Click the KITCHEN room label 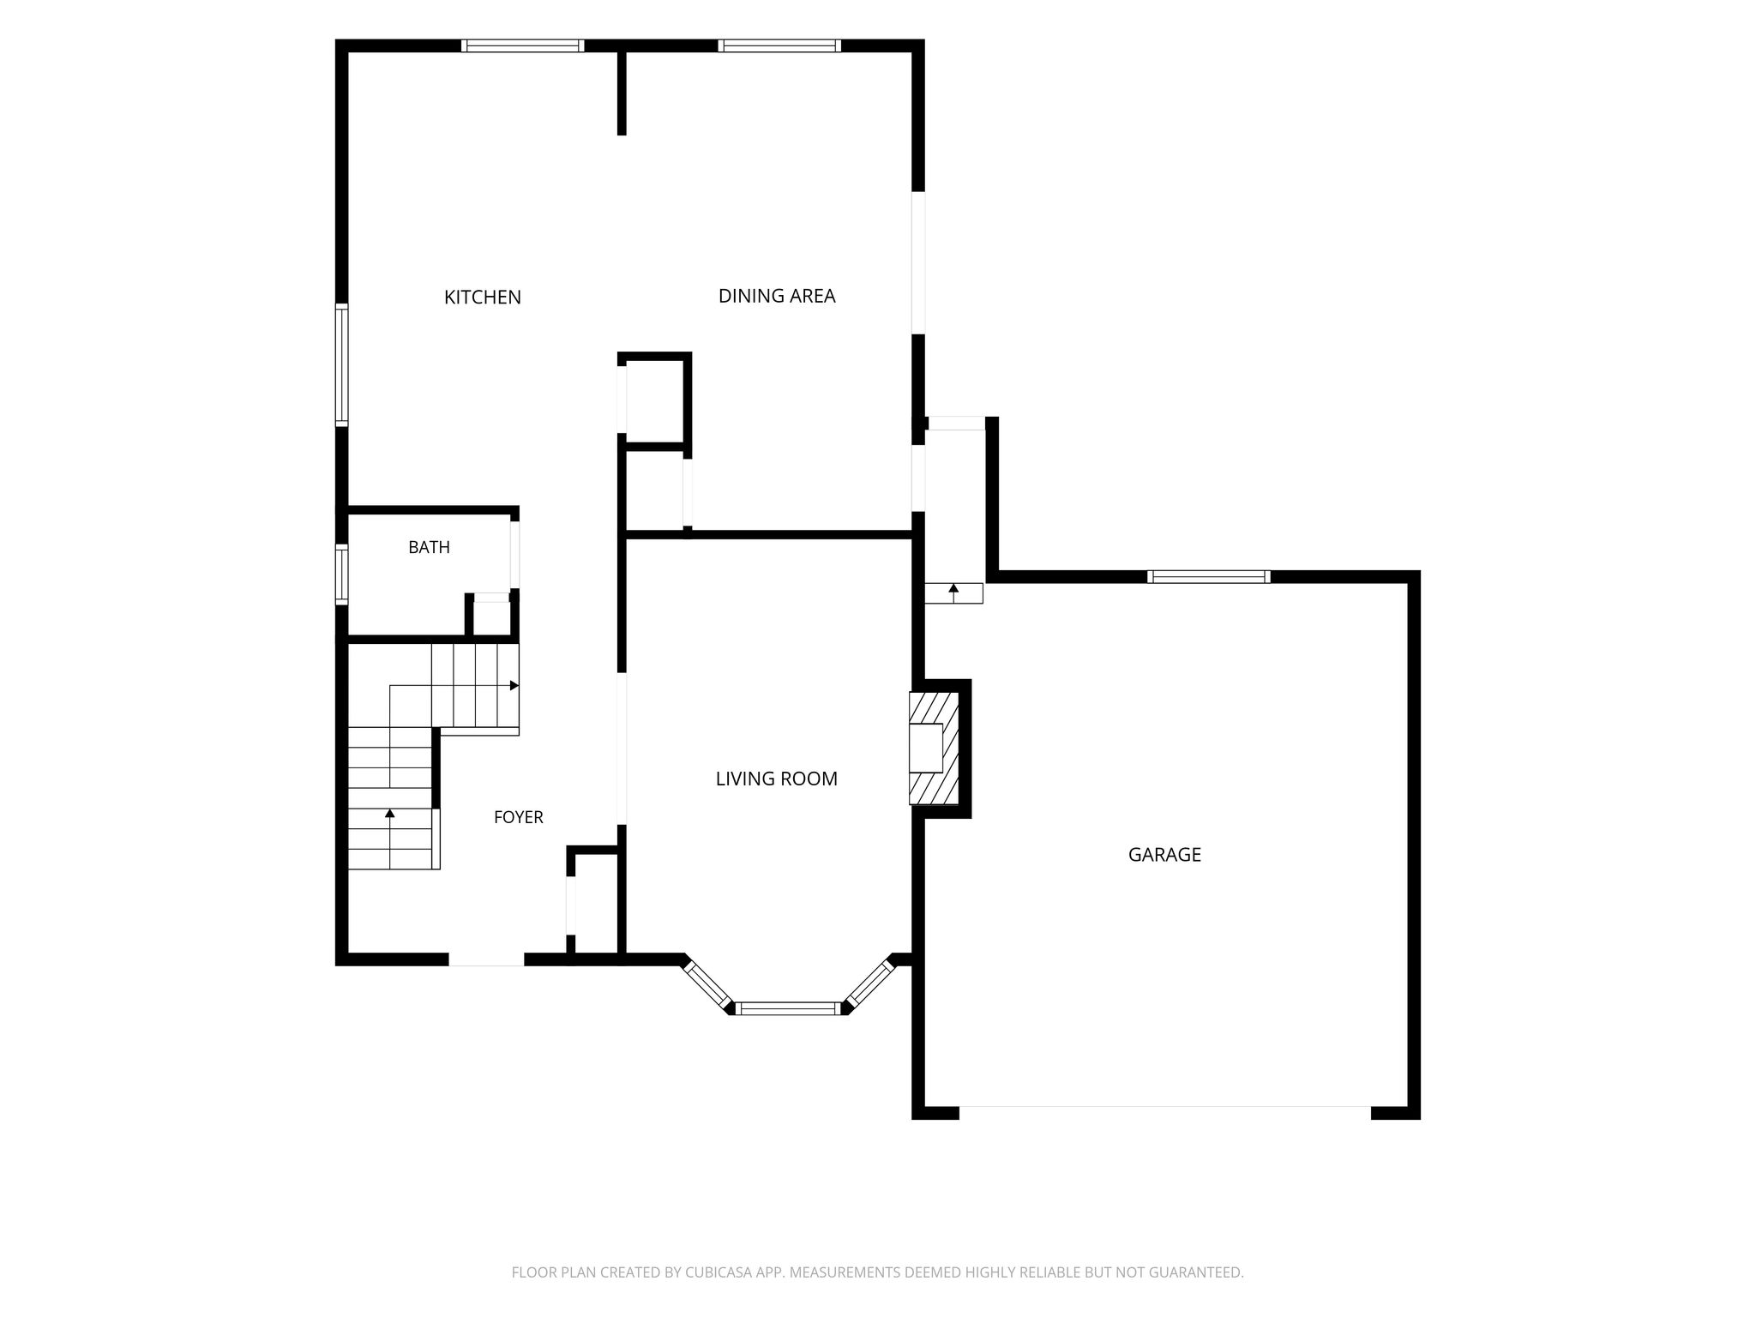pyautogui.click(x=482, y=298)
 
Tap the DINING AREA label pyautogui.click(x=777, y=296)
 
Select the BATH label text pyautogui.click(x=429, y=547)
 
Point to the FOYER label pyautogui.click(x=518, y=817)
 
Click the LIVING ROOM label pyautogui.click(x=777, y=779)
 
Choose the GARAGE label pyautogui.click(x=1164, y=854)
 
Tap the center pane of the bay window pyautogui.click(x=789, y=1008)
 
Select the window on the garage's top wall pyautogui.click(x=1209, y=576)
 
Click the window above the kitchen pyautogui.click(x=523, y=45)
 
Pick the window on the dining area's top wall pyautogui.click(x=779, y=45)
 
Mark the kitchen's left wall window pyautogui.click(x=341, y=364)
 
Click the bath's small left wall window pyautogui.click(x=341, y=574)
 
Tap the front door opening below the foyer pyautogui.click(x=486, y=959)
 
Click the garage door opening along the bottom pyautogui.click(x=1164, y=1112)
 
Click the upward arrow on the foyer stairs pyautogui.click(x=390, y=839)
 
